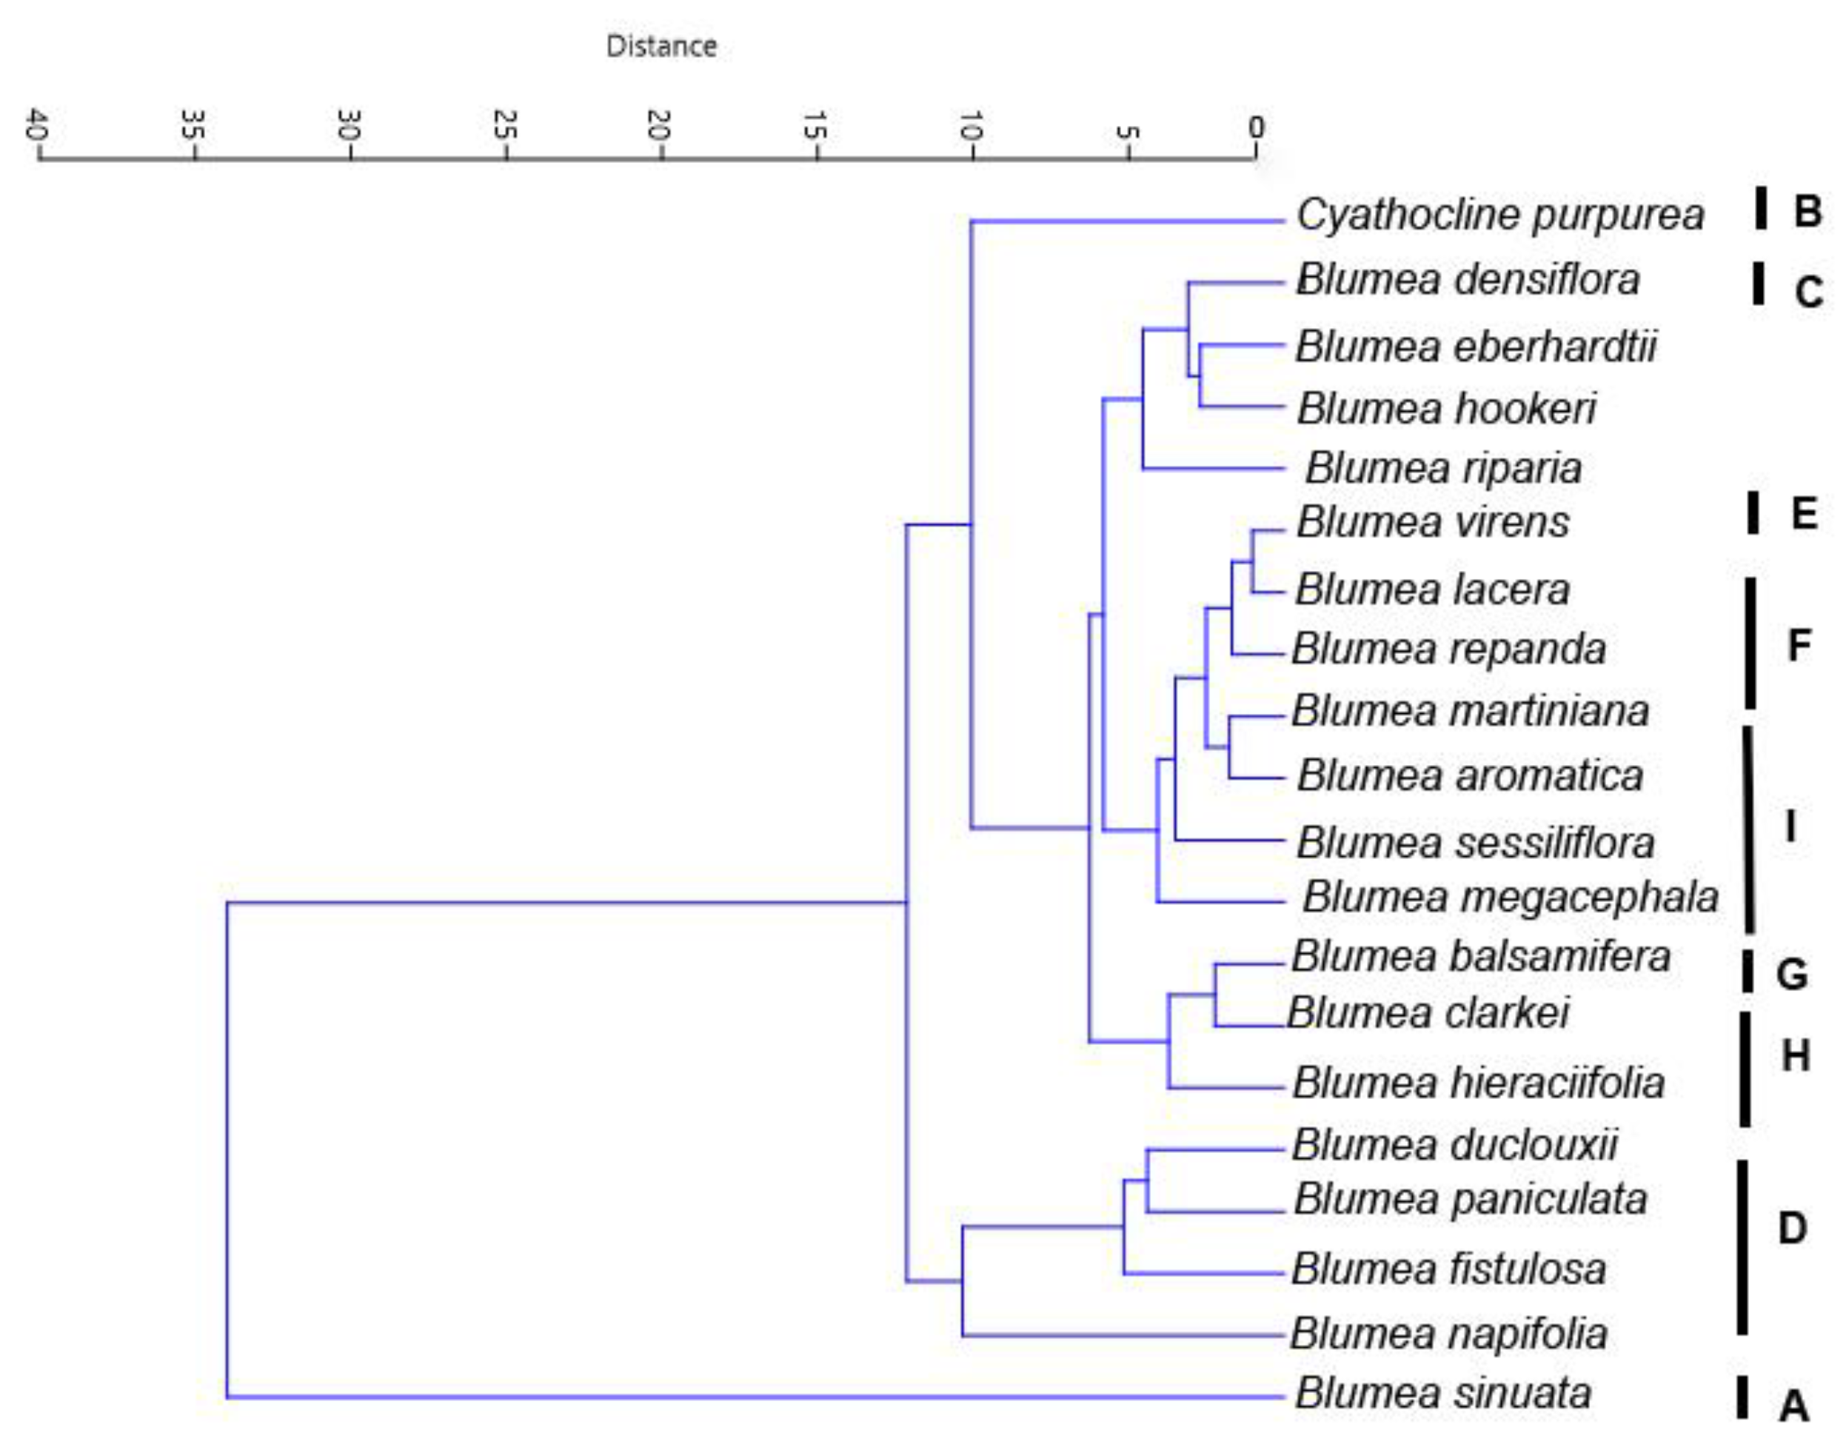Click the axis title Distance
pos(661,46)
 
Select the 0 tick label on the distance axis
pos(1256,127)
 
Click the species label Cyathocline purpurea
pos(1499,215)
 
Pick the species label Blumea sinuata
pos(1443,1393)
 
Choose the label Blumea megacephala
pos(1510,898)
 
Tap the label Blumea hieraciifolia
pos(1479,1083)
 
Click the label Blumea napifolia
pos(1449,1334)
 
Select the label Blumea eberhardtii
pos(1475,347)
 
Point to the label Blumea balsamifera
pos(1481,957)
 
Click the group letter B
pos(1807,211)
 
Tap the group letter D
pos(1793,1229)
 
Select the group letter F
pos(1799,646)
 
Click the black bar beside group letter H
pos(1745,1069)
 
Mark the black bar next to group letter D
pos(1742,1247)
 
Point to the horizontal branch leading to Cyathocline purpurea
pos(1128,221)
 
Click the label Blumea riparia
pos(1443,469)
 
